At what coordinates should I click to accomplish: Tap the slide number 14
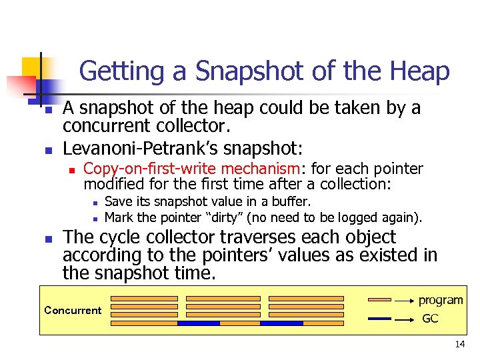(459, 344)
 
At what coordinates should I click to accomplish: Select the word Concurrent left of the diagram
(73, 310)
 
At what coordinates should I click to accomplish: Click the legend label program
(441, 300)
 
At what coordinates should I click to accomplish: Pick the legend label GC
(431, 319)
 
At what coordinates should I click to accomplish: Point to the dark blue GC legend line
(379, 319)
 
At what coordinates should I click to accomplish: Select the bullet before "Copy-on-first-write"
(70, 169)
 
